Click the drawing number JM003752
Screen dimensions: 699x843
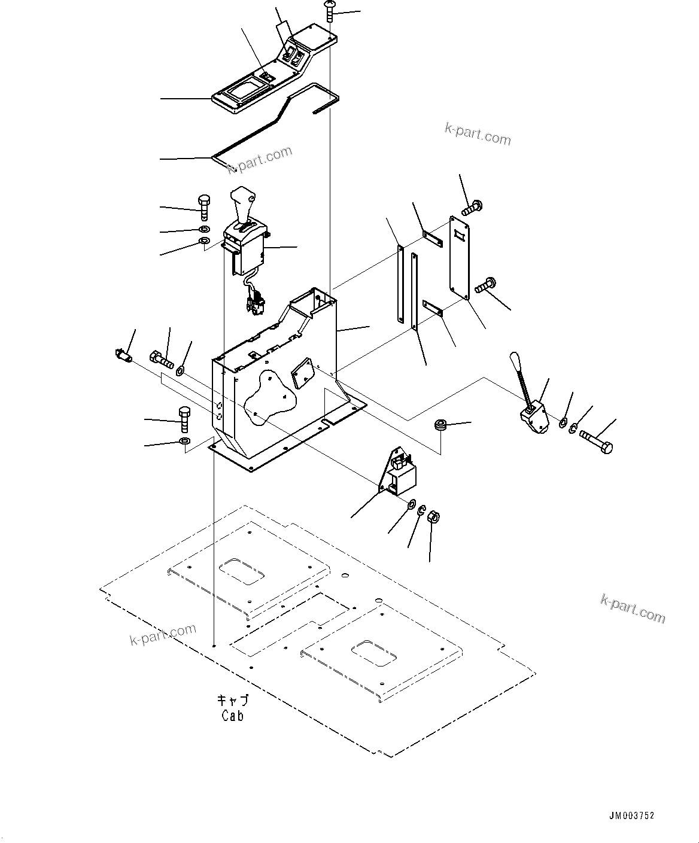[x=631, y=815]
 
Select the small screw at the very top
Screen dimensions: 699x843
[x=329, y=11]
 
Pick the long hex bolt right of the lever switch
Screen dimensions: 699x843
[x=597, y=442]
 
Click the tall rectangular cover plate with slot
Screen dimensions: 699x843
[x=460, y=258]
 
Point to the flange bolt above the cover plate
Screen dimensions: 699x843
[x=472, y=208]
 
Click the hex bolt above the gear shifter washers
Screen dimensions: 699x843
[x=204, y=208]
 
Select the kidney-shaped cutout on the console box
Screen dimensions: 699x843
[x=271, y=398]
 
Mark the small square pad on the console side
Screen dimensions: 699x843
[x=303, y=373]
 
